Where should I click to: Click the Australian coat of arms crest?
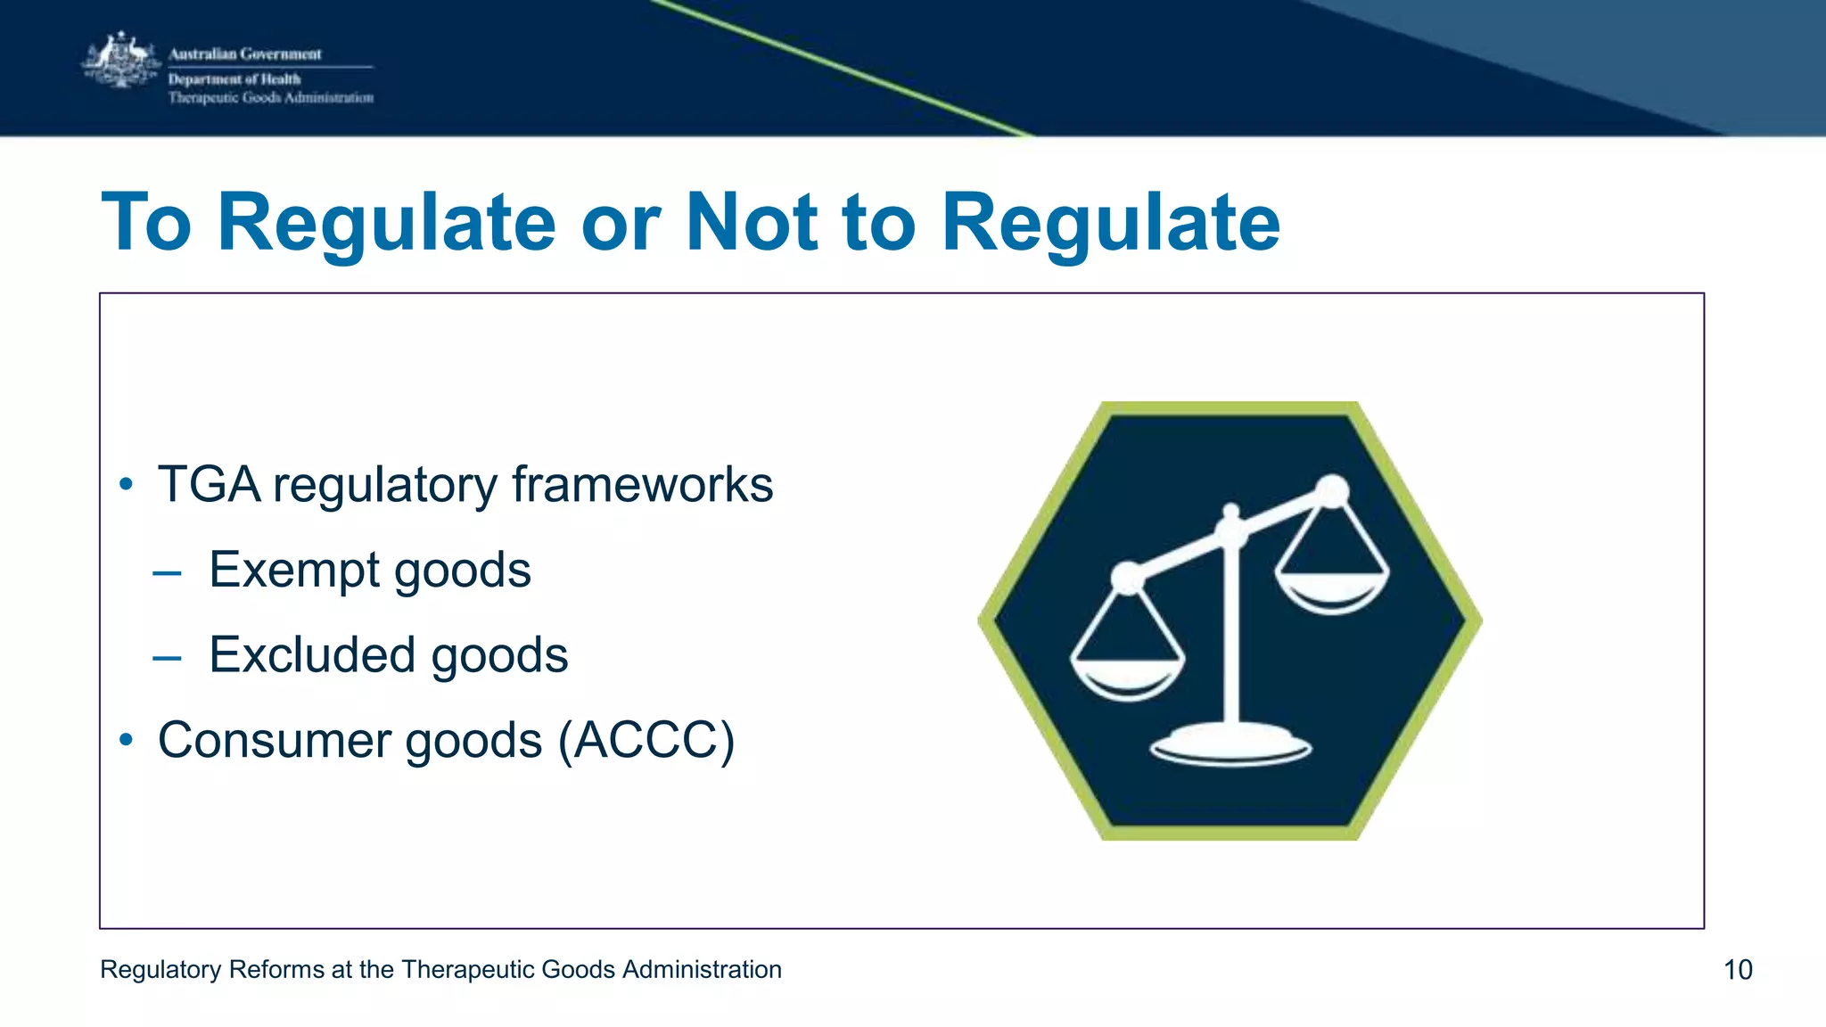tap(120, 61)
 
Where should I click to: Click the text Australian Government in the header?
tap(245, 54)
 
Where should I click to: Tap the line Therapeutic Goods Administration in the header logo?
tap(271, 98)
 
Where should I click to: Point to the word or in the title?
tap(621, 227)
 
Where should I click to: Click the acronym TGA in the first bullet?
tap(210, 485)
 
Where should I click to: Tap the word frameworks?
tap(642, 485)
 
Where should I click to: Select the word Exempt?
tap(294, 571)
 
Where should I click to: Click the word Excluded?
tap(312, 655)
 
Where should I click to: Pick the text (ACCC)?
tap(646, 741)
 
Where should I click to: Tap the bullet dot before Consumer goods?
tap(127, 739)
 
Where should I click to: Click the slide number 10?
tap(1738, 970)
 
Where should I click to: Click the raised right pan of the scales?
tap(1332, 593)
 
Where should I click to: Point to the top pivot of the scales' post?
tap(1231, 513)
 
